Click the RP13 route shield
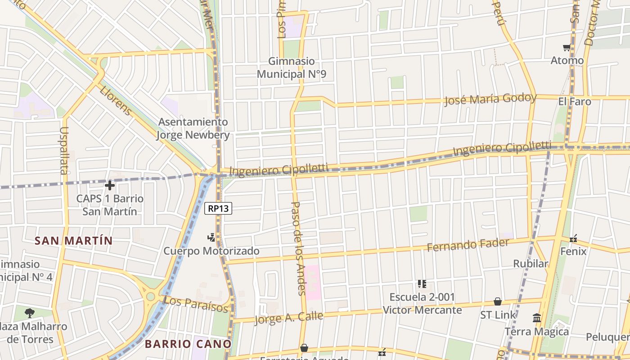coord(218,208)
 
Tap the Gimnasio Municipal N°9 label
coord(291,67)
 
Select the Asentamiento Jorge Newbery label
coord(193,128)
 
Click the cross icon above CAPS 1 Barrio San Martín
coord(109,185)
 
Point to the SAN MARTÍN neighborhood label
coord(74,241)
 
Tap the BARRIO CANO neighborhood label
coord(188,344)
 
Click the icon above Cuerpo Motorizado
coord(211,237)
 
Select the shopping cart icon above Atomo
coord(567,47)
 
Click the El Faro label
coord(575,102)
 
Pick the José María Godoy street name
coord(490,99)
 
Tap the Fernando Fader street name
coord(468,245)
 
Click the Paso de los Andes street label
coord(298,248)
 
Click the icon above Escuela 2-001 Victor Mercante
coord(422,283)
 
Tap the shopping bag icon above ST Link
coord(498,301)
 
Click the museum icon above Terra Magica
coord(536,318)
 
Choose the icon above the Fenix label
coord(573,238)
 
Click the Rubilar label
coord(531,264)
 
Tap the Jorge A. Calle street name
coord(288,317)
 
